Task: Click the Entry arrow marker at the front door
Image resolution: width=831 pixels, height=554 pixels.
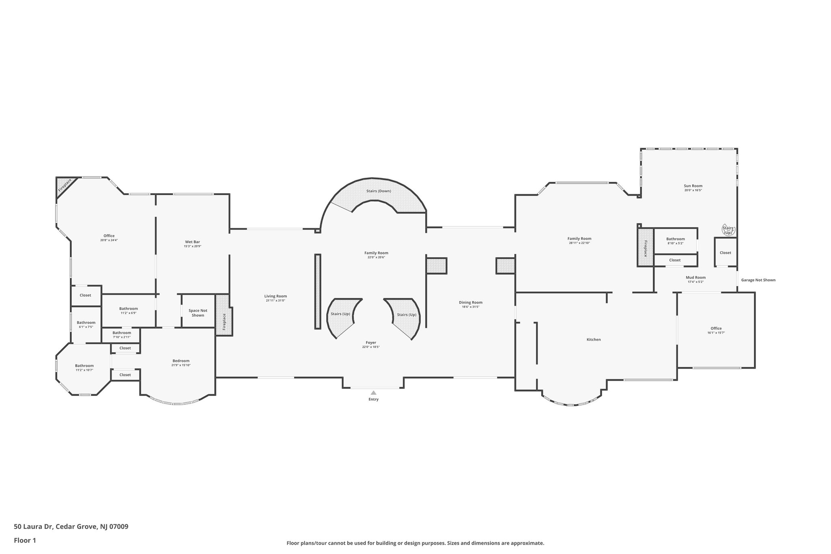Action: click(x=373, y=392)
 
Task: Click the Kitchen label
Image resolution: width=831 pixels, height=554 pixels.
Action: click(x=594, y=339)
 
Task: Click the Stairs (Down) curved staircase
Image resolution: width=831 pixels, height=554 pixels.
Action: click(x=379, y=196)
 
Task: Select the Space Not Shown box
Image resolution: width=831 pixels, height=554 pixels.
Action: click(x=198, y=310)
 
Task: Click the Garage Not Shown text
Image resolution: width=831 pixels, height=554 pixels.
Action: click(x=758, y=280)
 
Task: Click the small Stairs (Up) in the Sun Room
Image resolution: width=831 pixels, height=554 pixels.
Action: click(x=728, y=230)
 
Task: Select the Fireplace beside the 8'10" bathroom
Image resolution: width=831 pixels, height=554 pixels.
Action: click(x=645, y=247)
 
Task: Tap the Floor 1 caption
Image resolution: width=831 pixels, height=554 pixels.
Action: click(x=25, y=540)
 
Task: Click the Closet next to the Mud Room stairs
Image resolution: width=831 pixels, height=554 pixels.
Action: click(x=726, y=252)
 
